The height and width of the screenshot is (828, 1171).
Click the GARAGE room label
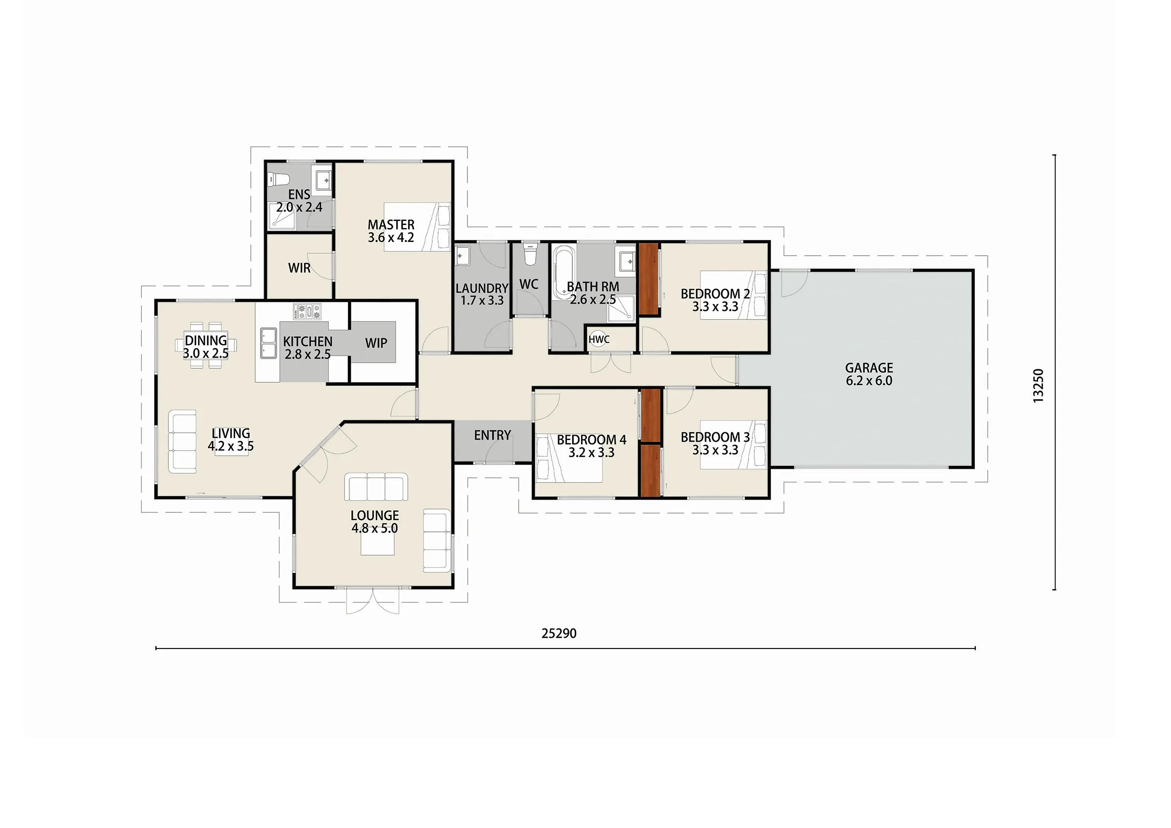(869, 368)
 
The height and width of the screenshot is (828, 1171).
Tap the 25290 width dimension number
(559, 634)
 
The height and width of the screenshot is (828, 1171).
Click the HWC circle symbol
(599, 339)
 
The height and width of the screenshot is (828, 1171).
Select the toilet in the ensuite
(279, 180)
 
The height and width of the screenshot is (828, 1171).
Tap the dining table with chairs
(206, 345)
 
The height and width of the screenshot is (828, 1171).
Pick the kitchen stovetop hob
(307, 311)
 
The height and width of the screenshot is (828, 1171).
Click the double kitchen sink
(268, 343)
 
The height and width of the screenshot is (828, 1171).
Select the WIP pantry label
(376, 343)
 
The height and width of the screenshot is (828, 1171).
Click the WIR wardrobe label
(299, 268)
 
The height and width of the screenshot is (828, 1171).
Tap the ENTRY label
(492, 435)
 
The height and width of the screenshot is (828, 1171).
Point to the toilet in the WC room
(530, 254)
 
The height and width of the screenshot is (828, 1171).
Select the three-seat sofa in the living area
(182, 441)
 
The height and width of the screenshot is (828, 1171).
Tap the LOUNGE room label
(375, 515)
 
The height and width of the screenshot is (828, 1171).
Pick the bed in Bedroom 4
(569, 458)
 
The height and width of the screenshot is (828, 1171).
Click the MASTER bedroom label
(391, 224)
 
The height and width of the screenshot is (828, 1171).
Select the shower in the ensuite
(282, 214)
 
